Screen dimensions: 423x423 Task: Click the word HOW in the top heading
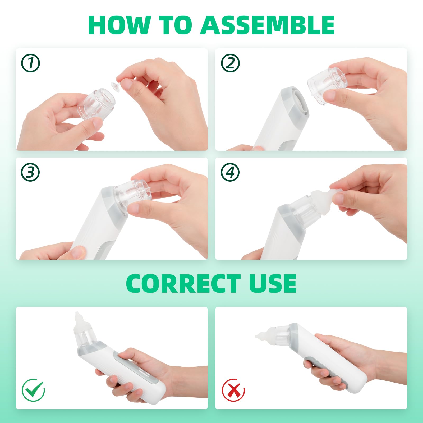pyautogui.click(x=119, y=25)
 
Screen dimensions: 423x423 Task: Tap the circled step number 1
pyautogui.click(x=30, y=63)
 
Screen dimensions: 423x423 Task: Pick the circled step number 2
pyautogui.click(x=230, y=63)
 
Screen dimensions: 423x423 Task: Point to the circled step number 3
pyautogui.click(x=30, y=172)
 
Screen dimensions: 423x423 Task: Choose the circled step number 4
pyautogui.click(x=230, y=172)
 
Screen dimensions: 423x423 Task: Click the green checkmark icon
pyautogui.click(x=33, y=390)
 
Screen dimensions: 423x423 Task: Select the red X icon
pyautogui.click(x=233, y=390)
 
